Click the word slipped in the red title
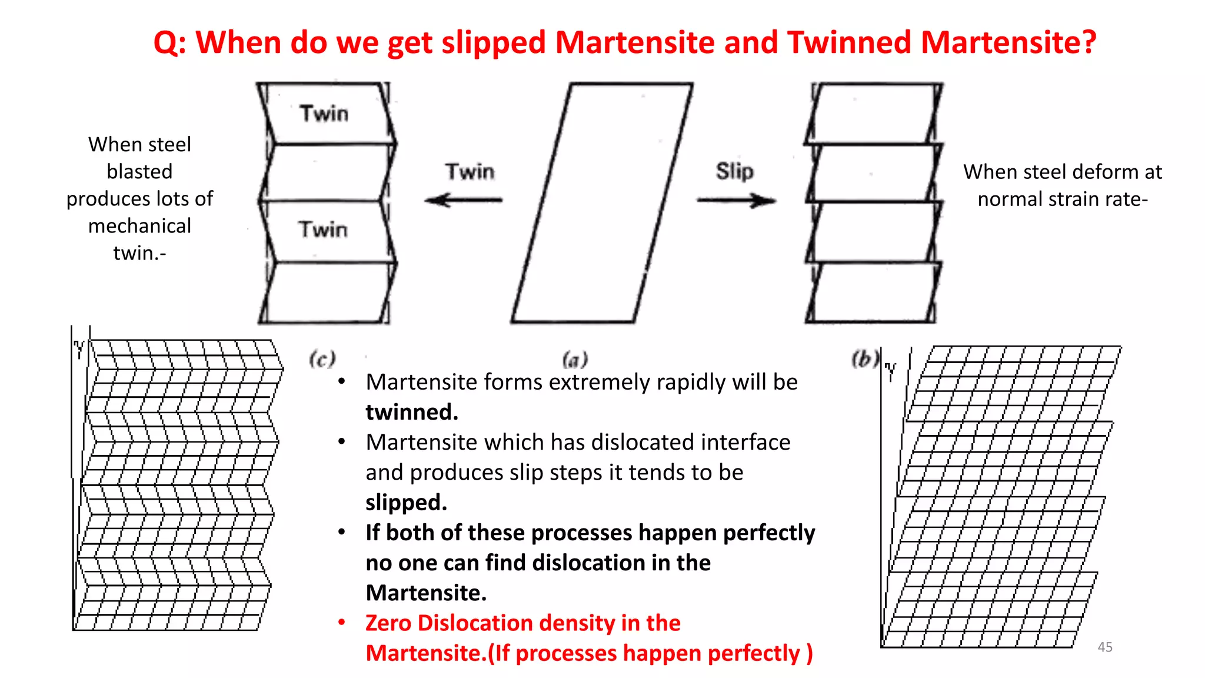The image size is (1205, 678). (494, 42)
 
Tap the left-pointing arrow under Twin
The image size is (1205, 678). (463, 200)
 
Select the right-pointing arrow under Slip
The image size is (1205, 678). (736, 201)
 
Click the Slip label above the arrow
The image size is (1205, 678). (734, 171)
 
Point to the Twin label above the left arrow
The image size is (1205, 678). (470, 171)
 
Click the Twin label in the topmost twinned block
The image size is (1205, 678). (324, 113)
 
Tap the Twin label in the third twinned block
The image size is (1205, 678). (322, 229)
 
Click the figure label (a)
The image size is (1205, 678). (575, 358)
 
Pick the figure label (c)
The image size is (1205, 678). (322, 358)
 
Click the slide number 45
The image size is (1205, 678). (1104, 647)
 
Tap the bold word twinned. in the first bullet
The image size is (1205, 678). (411, 412)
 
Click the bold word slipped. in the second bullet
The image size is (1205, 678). (406, 503)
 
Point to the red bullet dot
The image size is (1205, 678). (341, 623)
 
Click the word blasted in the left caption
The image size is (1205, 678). (139, 171)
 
